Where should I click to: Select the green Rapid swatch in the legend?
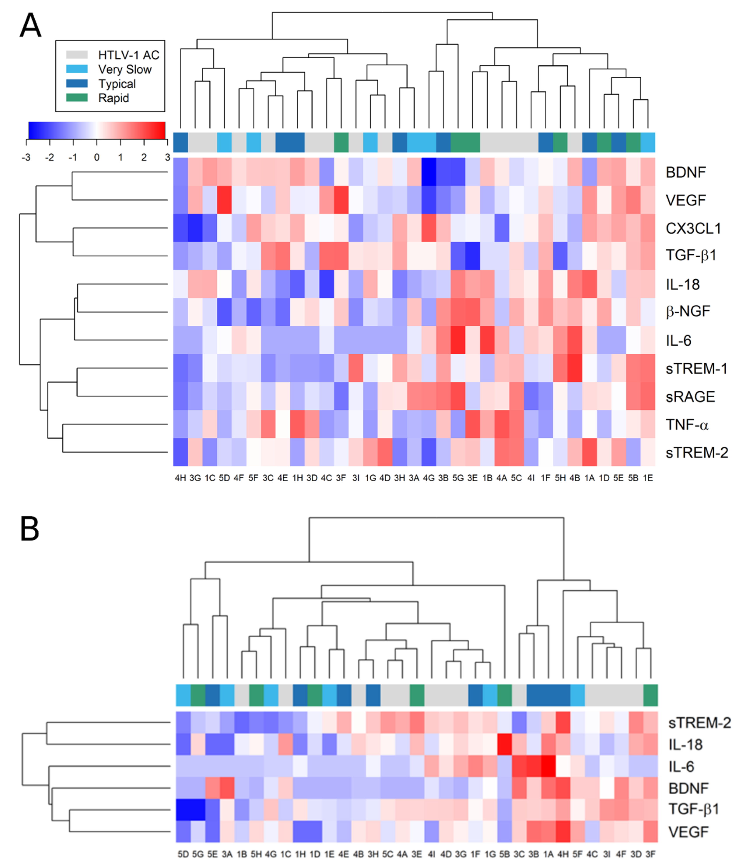click(x=77, y=98)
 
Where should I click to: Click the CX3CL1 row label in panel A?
click(x=693, y=228)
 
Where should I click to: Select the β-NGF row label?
click(x=687, y=311)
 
